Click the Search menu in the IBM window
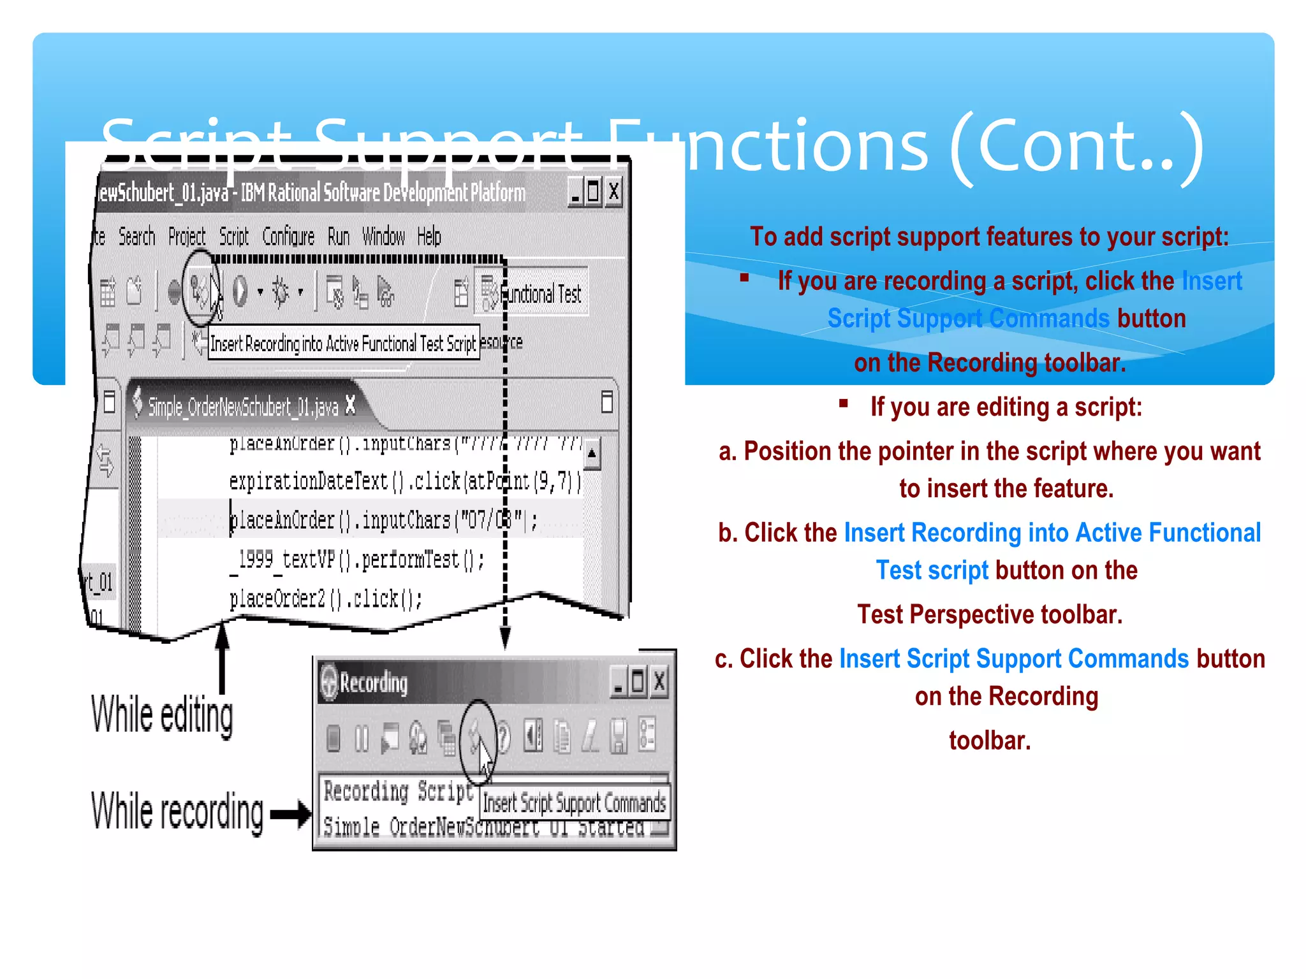[x=136, y=236]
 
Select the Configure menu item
[x=288, y=236]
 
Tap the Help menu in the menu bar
[x=429, y=236]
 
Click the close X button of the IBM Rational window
[x=613, y=191]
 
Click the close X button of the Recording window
[x=659, y=681]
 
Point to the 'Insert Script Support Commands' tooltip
[x=574, y=803]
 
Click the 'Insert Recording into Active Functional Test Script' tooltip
[x=343, y=344]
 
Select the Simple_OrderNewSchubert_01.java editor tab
[x=242, y=406]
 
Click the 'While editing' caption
[x=162, y=715]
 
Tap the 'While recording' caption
[x=177, y=812]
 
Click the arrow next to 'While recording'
[x=291, y=814]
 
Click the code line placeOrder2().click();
[x=325, y=599]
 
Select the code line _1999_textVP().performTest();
[x=357, y=560]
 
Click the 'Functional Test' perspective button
[x=532, y=293]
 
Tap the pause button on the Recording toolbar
[x=362, y=739]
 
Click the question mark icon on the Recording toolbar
[x=504, y=738]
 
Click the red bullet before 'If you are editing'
[x=844, y=403]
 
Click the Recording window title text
[x=374, y=683]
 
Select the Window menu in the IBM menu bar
[x=383, y=236]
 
